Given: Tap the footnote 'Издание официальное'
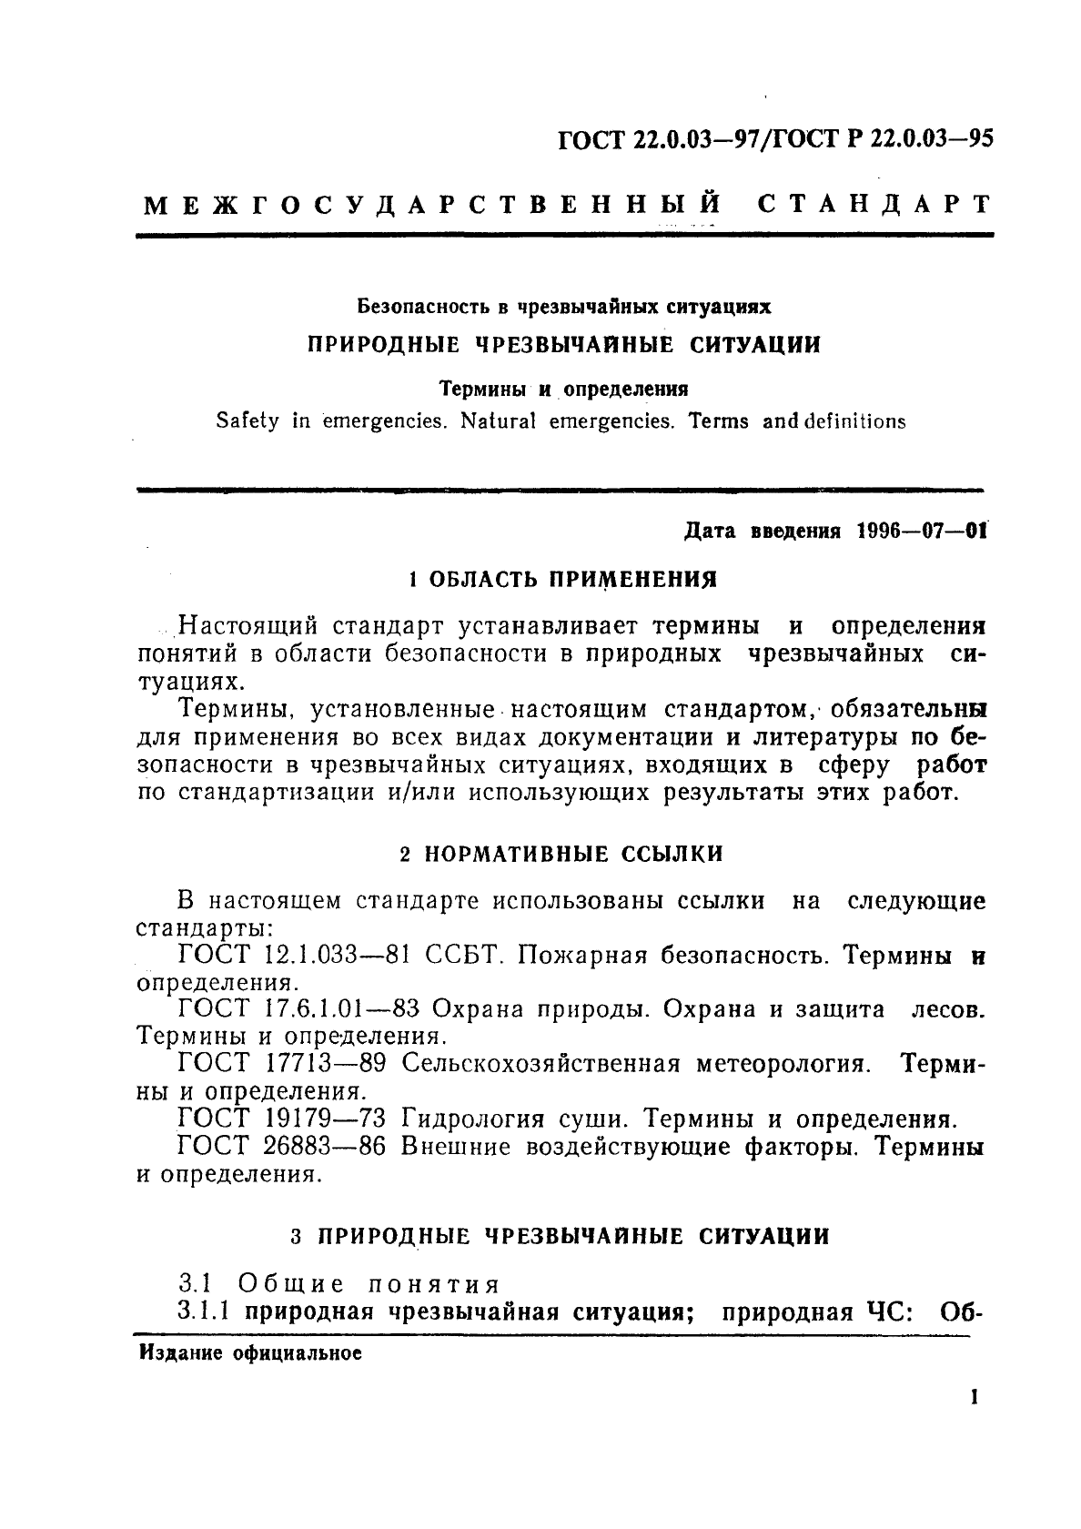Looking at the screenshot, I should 250,1353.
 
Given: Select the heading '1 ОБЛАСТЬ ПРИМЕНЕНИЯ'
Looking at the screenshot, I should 559,579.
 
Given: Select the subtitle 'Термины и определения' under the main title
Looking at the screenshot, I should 564,389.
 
